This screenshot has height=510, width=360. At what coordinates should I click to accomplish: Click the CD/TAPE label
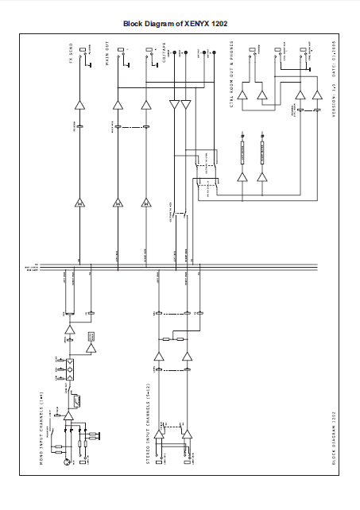164,57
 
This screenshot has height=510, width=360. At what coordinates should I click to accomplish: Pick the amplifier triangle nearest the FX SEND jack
79,105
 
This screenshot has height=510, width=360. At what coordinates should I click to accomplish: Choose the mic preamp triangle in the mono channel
69,415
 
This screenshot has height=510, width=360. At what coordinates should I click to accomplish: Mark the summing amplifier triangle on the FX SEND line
79,204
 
